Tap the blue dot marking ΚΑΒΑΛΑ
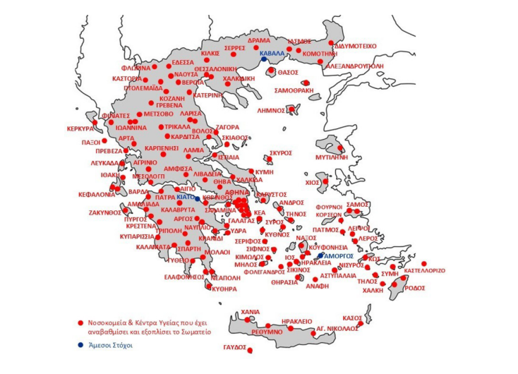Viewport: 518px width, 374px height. click(264, 60)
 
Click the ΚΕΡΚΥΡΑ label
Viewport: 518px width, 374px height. click(80, 129)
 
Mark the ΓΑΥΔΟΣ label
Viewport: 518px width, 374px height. click(234, 348)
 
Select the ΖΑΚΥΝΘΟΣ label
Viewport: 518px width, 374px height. click(104, 211)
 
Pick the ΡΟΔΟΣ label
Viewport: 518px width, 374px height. click(415, 287)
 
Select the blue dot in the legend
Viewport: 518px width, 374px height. click(80, 345)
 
